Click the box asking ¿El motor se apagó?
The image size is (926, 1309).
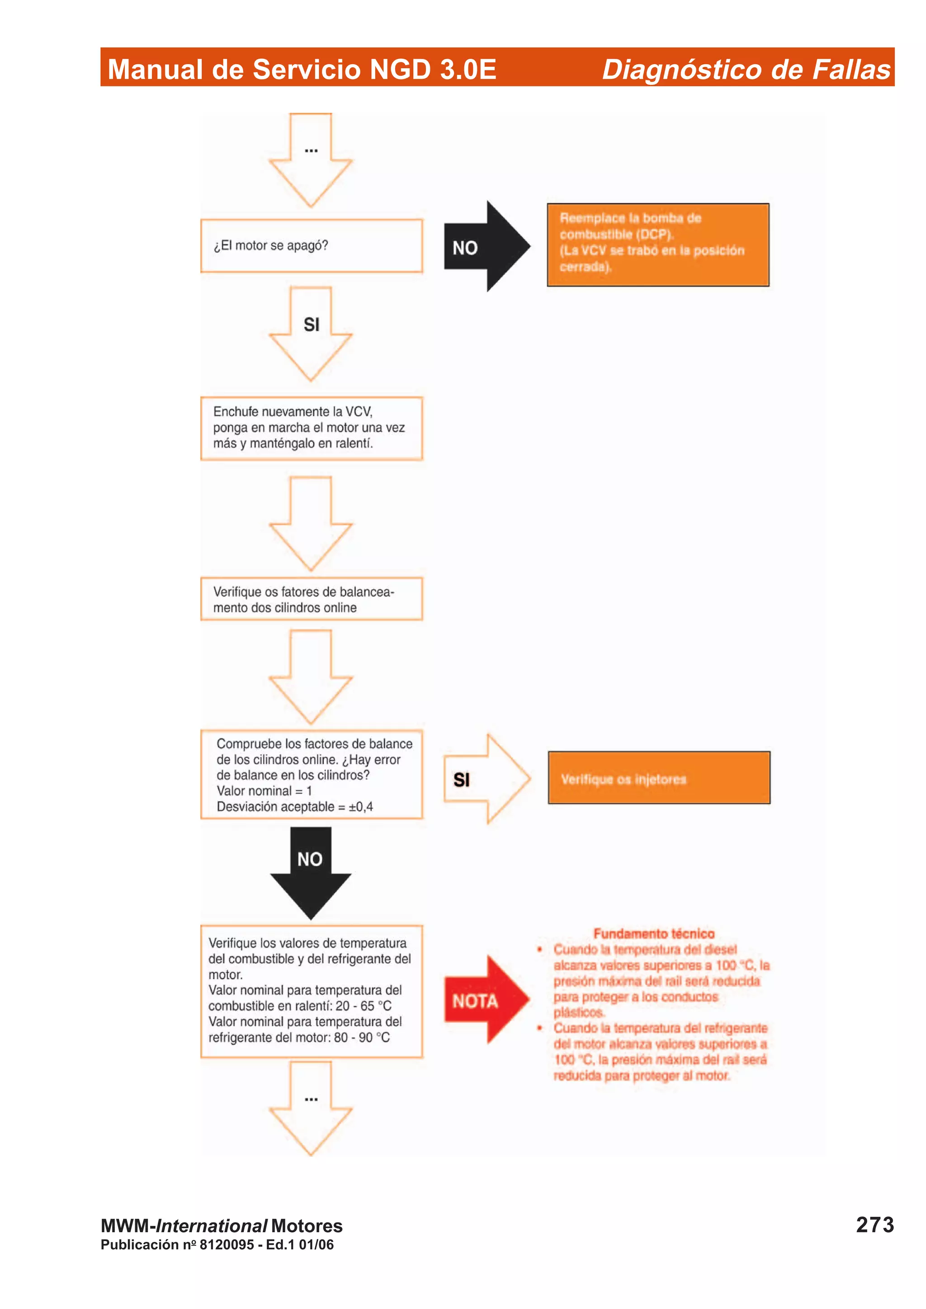coord(312,246)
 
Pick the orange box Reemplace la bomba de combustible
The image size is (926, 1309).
coord(658,244)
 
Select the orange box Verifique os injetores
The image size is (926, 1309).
coord(659,778)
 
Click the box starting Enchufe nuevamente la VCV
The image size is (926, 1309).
coord(312,428)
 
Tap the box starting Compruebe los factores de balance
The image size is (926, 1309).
coord(312,774)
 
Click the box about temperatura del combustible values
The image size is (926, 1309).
coord(312,991)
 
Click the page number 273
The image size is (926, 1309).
coord(874,1225)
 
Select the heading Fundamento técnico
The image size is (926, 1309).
coord(654,933)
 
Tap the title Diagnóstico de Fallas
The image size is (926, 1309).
coord(746,70)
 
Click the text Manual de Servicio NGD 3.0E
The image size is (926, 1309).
coord(302,70)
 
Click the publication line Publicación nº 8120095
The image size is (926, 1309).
coord(217,1244)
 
